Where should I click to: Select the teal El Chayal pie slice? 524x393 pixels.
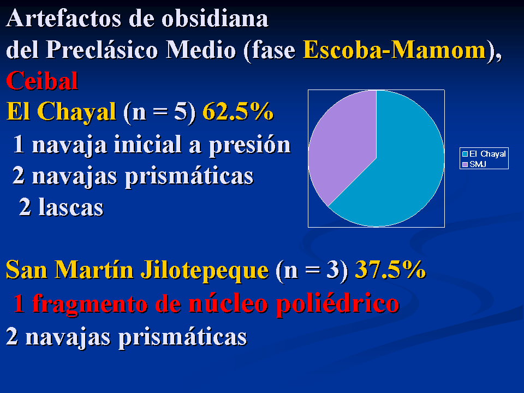click(x=401, y=167)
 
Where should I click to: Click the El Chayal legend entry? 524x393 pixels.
click(x=484, y=154)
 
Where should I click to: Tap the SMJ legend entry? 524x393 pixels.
click(x=474, y=164)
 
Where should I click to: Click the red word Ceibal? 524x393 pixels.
click(x=42, y=81)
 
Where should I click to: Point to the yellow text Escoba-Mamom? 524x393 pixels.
click(x=394, y=50)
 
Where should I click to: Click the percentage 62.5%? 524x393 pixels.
click(x=238, y=111)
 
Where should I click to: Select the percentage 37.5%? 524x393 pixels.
click(x=390, y=269)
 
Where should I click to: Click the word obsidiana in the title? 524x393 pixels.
click(x=215, y=19)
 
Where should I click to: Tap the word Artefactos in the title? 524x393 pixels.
click(x=63, y=19)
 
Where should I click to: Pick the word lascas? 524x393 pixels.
click(x=71, y=207)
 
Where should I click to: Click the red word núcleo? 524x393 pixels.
click(x=228, y=303)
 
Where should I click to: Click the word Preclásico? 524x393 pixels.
click(x=102, y=50)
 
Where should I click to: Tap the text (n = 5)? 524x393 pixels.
click(x=159, y=112)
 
